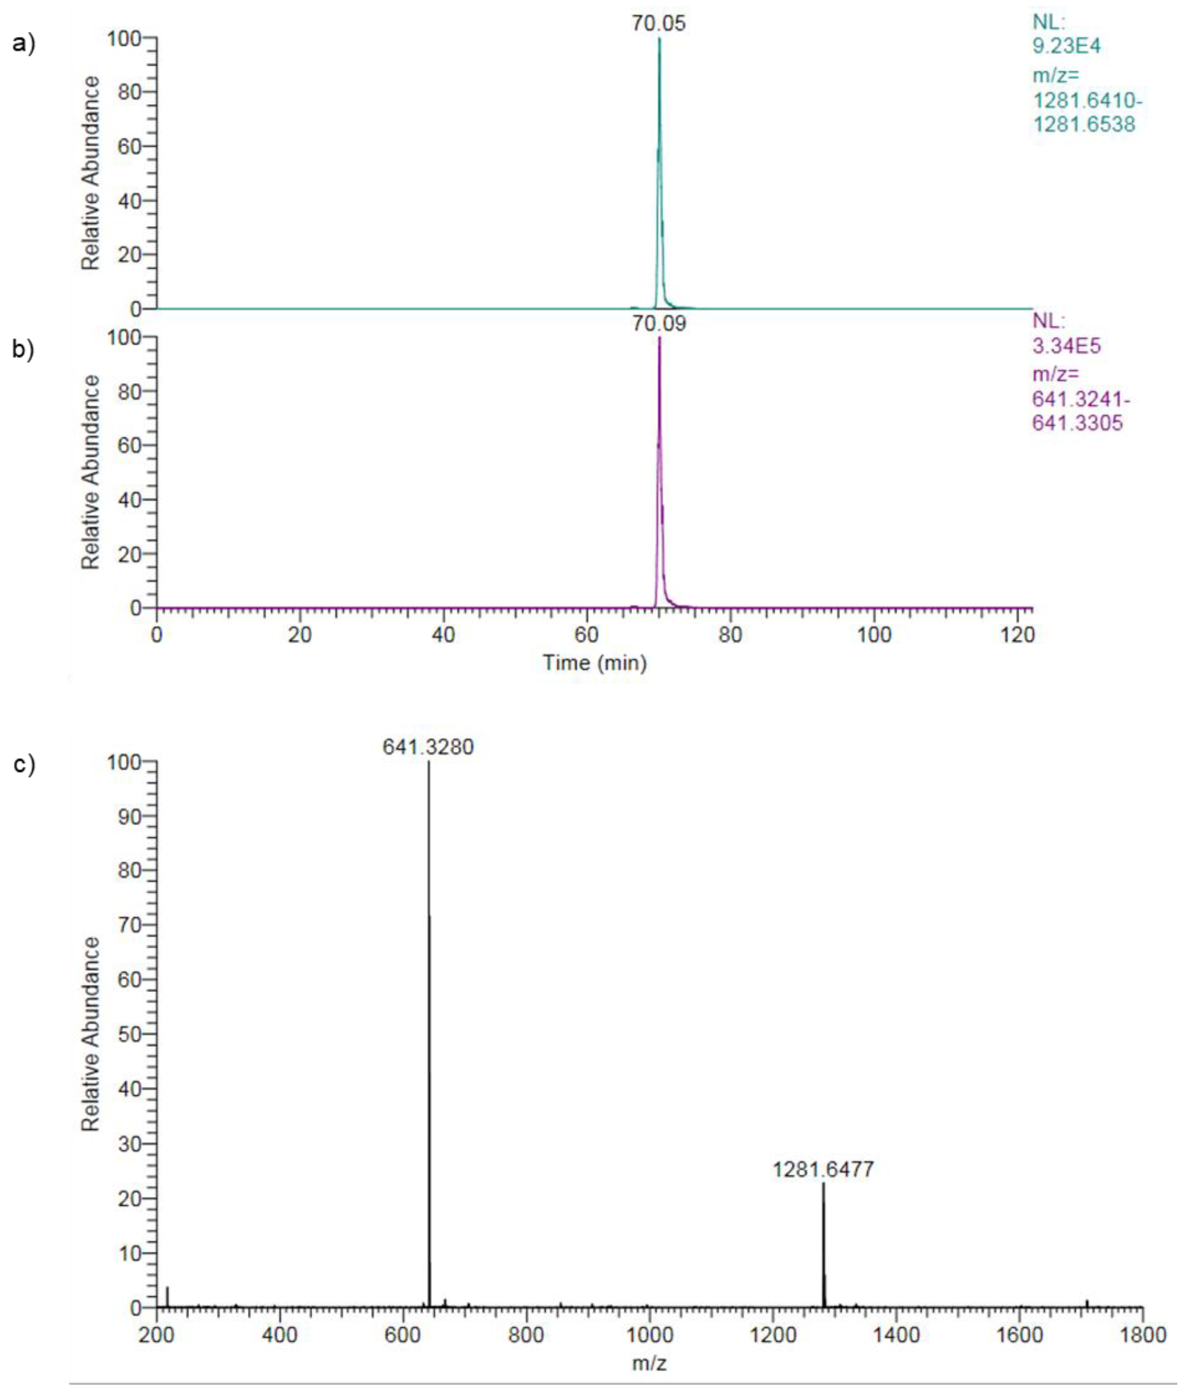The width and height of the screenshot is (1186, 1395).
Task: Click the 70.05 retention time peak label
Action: tap(658, 23)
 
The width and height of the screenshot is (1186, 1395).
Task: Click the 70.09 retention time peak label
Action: tap(658, 324)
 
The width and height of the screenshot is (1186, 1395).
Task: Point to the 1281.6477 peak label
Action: tap(822, 1169)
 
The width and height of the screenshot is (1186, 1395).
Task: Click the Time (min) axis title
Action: tap(594, 663)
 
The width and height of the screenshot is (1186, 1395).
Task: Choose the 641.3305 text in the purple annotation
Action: tap(1077, 423)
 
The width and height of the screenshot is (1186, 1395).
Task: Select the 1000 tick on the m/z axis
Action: tap(650, 1335)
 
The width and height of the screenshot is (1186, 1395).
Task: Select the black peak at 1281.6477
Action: tap(823, 1244)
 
